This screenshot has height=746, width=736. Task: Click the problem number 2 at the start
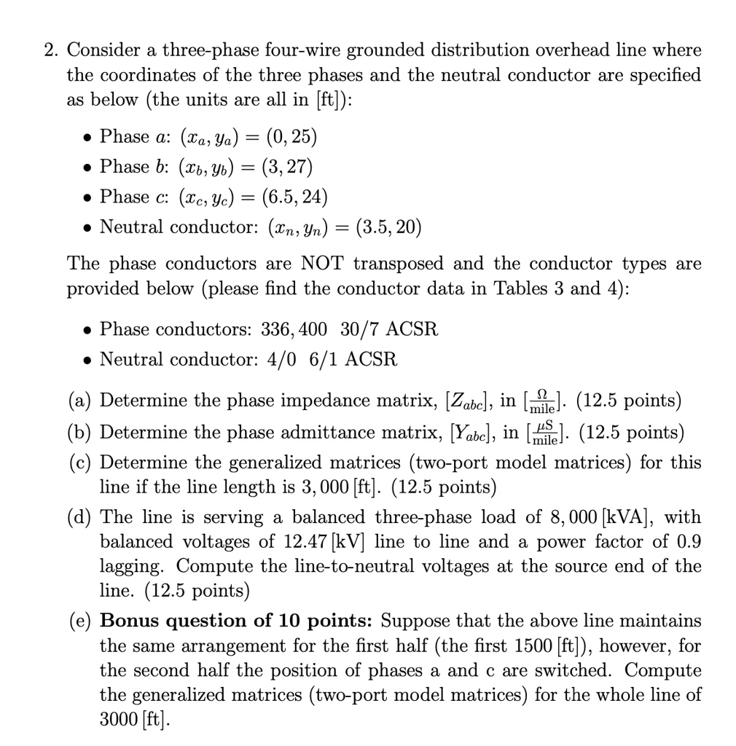coord(47,50)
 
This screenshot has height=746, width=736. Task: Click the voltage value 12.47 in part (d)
coord(297,542)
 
